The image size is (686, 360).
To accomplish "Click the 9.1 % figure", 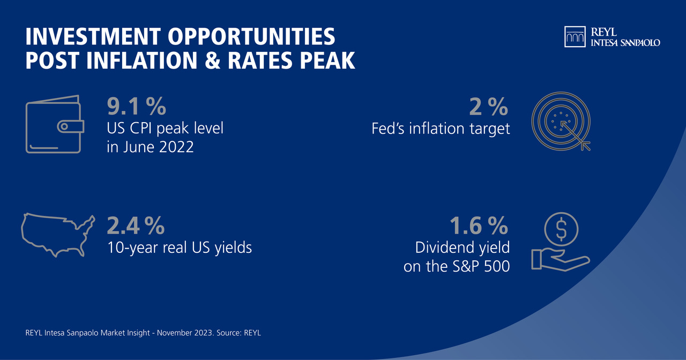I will pyautogui.click(x=136, y=107).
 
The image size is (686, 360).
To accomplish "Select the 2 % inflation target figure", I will pyautogui.click(x=488, y=107).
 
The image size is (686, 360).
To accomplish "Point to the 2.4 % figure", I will pyautogui.click(x=136, y=226).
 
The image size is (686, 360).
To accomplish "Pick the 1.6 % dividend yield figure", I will pyautogui.click(x=479, y=226).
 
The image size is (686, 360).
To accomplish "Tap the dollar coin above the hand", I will pyautogui.click(x=561, y=229).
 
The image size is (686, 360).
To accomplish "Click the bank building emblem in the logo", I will pyautogui.click(x=575, y=36).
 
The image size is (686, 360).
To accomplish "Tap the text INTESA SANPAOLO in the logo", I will pyautogui.click(x=625, y=42).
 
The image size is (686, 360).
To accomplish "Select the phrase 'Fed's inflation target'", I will pyautogui.click(x=441, y=129).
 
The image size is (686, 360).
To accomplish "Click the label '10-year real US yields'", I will pyautogui.click(x=180, y=248).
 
